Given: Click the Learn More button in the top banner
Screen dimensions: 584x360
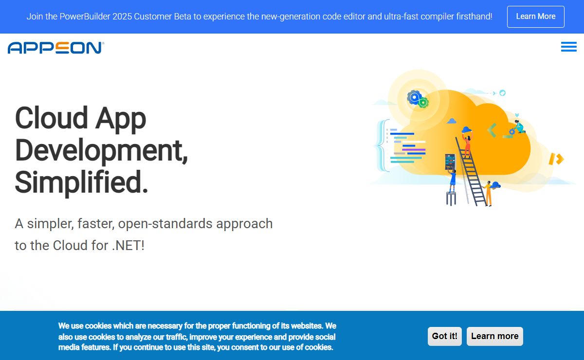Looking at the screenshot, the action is [x=535, y=17].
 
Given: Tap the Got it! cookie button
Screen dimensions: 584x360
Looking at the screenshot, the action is [x=444, y=336].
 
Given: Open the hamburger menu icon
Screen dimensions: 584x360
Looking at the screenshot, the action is [x=568, y=47].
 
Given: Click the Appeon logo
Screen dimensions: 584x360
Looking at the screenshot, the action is [x=56, y=48].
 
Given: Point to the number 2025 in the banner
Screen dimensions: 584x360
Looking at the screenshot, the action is [x=122, y=17].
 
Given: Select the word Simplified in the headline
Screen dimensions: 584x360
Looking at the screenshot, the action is [x=81, y=182].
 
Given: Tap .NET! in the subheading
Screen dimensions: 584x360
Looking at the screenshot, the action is [x=128, y=245].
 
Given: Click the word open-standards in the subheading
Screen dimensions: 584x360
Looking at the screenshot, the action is [x=165, y=224].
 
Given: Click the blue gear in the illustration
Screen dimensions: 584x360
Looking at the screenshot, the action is [x=414, y=97].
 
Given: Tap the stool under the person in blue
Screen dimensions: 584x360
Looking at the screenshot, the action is [x=451, y=198].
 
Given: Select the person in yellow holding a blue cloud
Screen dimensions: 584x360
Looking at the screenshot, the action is [x=488, y=193].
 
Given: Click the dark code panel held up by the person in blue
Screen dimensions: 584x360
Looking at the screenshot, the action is [x=450, y=162].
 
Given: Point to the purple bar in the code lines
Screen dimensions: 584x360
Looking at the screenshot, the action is [x=414, y=150].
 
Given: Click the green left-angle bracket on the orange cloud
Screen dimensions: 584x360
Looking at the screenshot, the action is [x=492, y=130].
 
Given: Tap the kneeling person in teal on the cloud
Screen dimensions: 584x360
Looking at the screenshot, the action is [x=519, y=126].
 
